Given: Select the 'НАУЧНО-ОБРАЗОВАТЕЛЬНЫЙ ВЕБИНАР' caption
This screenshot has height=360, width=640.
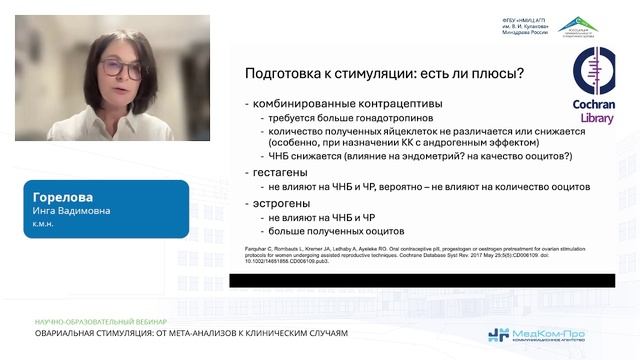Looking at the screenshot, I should (84, 320).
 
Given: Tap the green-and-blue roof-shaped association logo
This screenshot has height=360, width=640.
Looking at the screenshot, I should (578, 24).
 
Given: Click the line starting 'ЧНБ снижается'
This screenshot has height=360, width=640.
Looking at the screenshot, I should (415, 156).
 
